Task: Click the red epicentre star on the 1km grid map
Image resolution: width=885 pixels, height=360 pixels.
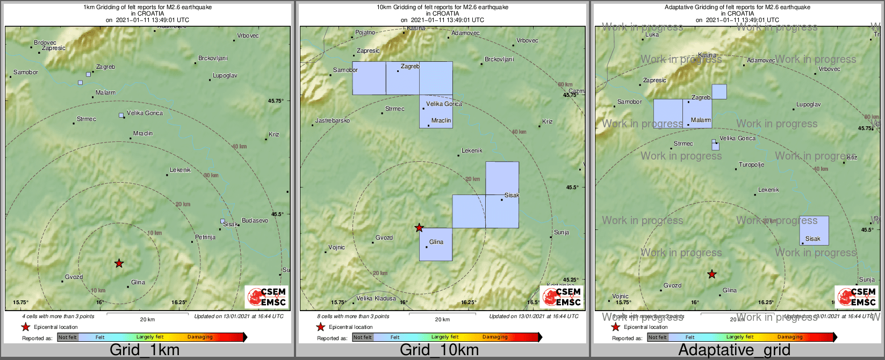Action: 119,263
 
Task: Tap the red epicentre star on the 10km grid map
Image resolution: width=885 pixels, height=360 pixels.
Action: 419,228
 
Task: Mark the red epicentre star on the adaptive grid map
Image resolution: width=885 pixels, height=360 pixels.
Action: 712,274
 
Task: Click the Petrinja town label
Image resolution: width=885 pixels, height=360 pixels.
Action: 205,237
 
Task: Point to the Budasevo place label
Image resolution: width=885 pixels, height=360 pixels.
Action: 255,221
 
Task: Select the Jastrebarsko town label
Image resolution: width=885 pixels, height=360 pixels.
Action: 332,121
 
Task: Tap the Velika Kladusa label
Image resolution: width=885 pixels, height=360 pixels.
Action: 376,298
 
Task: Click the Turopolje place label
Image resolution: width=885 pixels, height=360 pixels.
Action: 751,165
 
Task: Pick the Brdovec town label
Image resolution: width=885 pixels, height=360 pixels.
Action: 45,43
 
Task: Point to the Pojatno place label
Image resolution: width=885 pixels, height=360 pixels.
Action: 365,33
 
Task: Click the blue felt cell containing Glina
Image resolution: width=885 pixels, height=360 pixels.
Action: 436,244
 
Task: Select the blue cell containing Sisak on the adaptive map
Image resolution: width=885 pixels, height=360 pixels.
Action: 814,231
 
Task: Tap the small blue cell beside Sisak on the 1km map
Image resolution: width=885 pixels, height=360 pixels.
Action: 222,221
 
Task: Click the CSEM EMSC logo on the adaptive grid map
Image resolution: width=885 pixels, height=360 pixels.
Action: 857,297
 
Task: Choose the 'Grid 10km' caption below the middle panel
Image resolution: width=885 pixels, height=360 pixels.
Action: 439,350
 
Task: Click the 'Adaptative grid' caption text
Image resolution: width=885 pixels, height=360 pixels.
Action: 734,350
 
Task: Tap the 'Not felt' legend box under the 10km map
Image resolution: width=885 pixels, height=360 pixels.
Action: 363,337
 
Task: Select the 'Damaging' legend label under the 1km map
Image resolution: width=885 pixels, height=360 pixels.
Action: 200,337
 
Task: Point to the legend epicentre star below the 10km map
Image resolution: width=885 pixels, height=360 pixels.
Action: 320,327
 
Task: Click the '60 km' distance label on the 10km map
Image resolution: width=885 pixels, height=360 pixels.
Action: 565,85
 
